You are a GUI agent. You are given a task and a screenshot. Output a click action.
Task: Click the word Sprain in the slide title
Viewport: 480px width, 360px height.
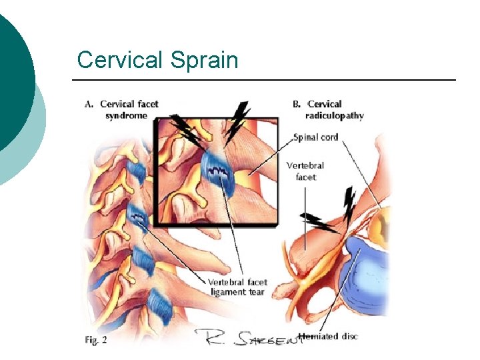click(204, 61)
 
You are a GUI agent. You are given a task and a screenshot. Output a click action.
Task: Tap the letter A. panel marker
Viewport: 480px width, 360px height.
click(90, 104)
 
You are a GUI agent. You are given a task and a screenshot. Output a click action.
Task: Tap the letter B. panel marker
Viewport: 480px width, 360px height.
click(297, 104)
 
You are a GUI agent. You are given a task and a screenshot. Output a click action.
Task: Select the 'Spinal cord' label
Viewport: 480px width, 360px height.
click(316, 137)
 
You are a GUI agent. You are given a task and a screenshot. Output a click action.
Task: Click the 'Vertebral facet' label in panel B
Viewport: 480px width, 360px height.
click(305, 171)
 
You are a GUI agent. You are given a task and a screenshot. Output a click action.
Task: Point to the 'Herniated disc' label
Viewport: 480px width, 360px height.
click(329, 336)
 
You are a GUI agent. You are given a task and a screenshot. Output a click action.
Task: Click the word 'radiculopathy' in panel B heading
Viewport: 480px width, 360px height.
click(336, 115)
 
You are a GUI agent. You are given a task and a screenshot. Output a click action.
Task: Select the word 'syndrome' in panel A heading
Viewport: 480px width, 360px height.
click(126, 115)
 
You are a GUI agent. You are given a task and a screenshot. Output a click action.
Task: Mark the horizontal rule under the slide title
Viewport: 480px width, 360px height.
click(264, 81)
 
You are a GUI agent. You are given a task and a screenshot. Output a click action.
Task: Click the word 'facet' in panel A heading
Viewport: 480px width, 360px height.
click(146, 104)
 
